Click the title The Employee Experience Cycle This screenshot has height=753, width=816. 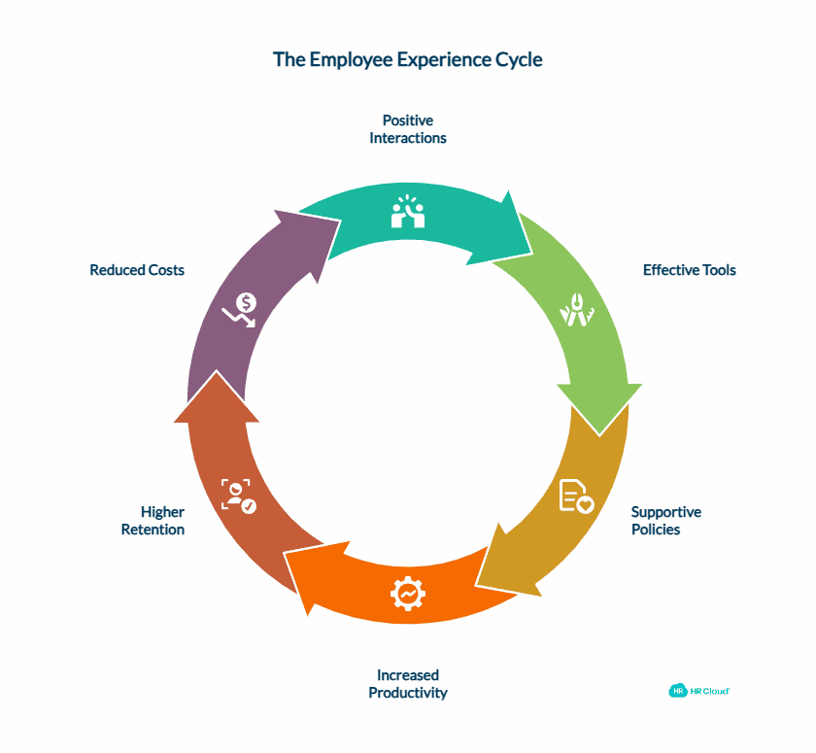407,59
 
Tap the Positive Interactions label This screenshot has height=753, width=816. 407,129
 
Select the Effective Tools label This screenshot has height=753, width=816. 689,270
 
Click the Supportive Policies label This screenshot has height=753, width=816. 665,521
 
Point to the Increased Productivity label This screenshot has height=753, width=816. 407,684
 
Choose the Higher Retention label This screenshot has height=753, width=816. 153,521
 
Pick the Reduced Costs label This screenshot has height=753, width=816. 137,270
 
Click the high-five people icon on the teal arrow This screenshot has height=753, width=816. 408,212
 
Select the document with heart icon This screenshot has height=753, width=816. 575,496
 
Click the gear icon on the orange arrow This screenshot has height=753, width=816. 408,593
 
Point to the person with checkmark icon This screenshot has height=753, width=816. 238,495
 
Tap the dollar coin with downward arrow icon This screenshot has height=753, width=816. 240,309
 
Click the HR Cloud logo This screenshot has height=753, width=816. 698,691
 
